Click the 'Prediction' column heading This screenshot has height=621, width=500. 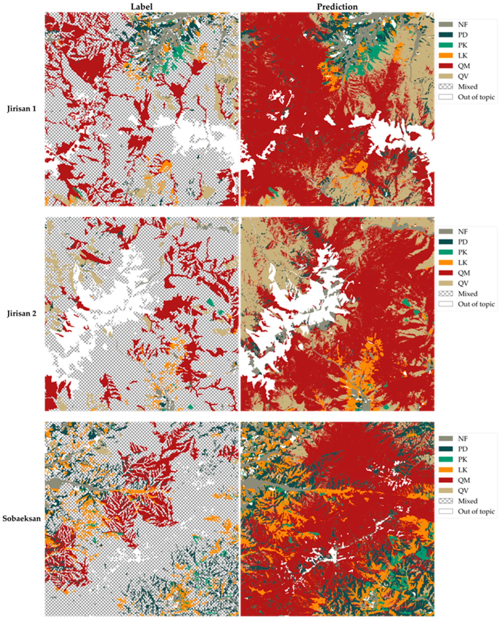pos(337,7)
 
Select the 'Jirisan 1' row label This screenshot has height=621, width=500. pos(22,109)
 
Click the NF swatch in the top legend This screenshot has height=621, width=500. pos(445,25)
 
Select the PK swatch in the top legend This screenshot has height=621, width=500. pos(445,45)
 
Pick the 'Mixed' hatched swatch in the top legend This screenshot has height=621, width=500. pos(445,86)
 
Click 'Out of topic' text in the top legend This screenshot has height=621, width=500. pos(476,97)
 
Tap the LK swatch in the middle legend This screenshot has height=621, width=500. pos(445,263)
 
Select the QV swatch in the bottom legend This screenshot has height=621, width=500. pos(445,490)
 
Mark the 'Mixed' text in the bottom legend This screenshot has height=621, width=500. pos(468,501)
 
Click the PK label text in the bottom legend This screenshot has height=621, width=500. pos(463,459)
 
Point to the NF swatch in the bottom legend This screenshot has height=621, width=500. pos(445,438)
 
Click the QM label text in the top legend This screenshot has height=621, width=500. pos(464,66)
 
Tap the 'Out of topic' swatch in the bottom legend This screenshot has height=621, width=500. pos(445,511)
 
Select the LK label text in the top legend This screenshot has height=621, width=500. pos(463,56)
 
